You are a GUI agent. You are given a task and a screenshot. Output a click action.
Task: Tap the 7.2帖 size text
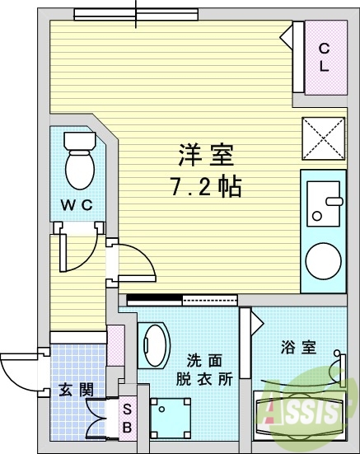(x=206, y=187)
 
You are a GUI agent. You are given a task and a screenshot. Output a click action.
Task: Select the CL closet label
(x=325, y=58)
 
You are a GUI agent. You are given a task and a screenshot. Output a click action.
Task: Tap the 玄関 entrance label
(x=75, y=390)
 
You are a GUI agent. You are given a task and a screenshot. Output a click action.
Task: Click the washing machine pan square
(x=171, y=416)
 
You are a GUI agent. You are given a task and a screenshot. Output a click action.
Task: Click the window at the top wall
(x=136, y=13)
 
